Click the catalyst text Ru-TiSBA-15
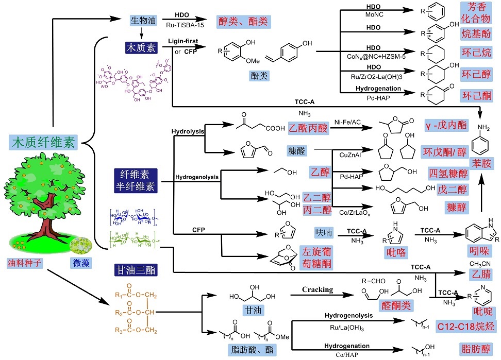(x=181, y=23)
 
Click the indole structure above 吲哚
(x=482, y=233)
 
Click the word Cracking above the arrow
(x=318, y=289)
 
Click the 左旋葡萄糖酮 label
(x=316, y=257)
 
